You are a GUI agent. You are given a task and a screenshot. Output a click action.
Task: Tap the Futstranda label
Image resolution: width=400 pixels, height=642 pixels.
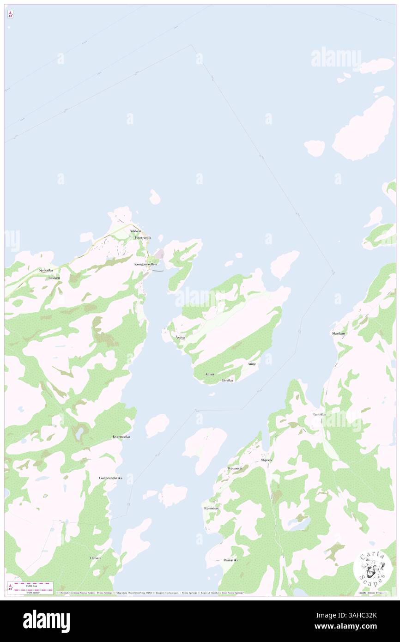143,237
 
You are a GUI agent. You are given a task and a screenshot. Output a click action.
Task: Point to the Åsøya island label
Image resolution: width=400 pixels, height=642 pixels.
180,338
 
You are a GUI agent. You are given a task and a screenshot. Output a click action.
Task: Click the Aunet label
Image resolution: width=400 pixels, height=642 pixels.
210,374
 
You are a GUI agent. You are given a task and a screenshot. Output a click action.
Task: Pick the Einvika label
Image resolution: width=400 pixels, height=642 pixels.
227,380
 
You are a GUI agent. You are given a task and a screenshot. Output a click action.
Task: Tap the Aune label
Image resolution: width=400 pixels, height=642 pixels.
252,364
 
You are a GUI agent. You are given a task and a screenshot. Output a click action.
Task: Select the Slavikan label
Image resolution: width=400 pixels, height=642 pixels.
338,333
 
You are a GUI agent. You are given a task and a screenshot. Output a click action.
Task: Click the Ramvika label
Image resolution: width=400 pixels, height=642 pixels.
319,414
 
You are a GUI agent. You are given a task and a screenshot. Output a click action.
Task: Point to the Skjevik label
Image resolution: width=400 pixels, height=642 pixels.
267,460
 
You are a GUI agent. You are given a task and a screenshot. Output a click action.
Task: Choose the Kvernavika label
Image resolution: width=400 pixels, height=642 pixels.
121,436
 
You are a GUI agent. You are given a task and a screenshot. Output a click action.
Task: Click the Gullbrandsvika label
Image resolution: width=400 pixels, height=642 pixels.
110,478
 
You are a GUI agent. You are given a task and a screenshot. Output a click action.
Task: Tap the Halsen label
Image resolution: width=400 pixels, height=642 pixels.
95,558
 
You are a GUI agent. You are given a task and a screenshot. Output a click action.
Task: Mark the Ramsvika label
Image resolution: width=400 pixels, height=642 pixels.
230,560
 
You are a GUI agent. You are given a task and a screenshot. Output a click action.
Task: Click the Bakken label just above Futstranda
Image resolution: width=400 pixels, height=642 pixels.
135,230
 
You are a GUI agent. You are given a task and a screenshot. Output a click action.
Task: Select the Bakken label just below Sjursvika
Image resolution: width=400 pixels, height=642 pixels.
54,278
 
